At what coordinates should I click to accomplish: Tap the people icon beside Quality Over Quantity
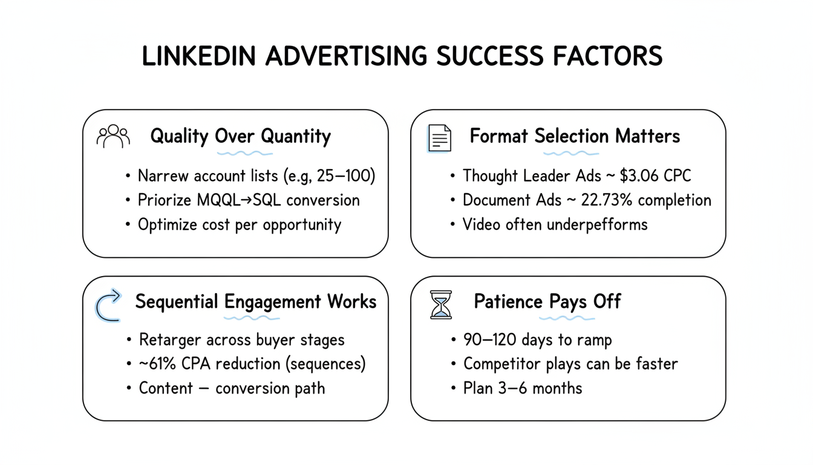[113, 137]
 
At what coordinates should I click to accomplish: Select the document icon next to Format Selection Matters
[440, 137]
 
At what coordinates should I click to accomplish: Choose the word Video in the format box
[480, 224]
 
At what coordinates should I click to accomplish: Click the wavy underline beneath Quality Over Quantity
[240, 153]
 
